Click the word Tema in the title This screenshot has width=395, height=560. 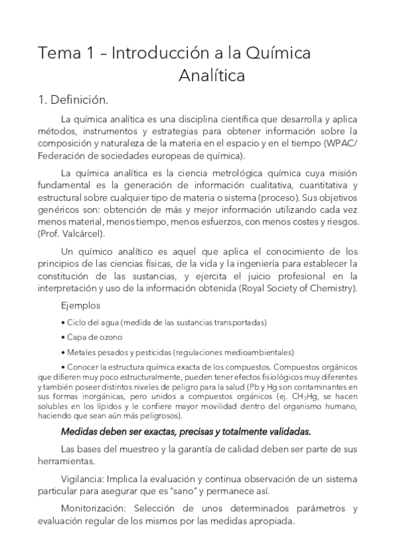pyautogui.click(x=56, y=53)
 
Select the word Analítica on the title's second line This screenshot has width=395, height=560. pyautogui.click(x=212, y=75)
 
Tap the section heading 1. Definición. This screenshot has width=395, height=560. pyautogui.click(x=73, y=100)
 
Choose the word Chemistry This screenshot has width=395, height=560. pyautogui.click(x=332, y=289)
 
